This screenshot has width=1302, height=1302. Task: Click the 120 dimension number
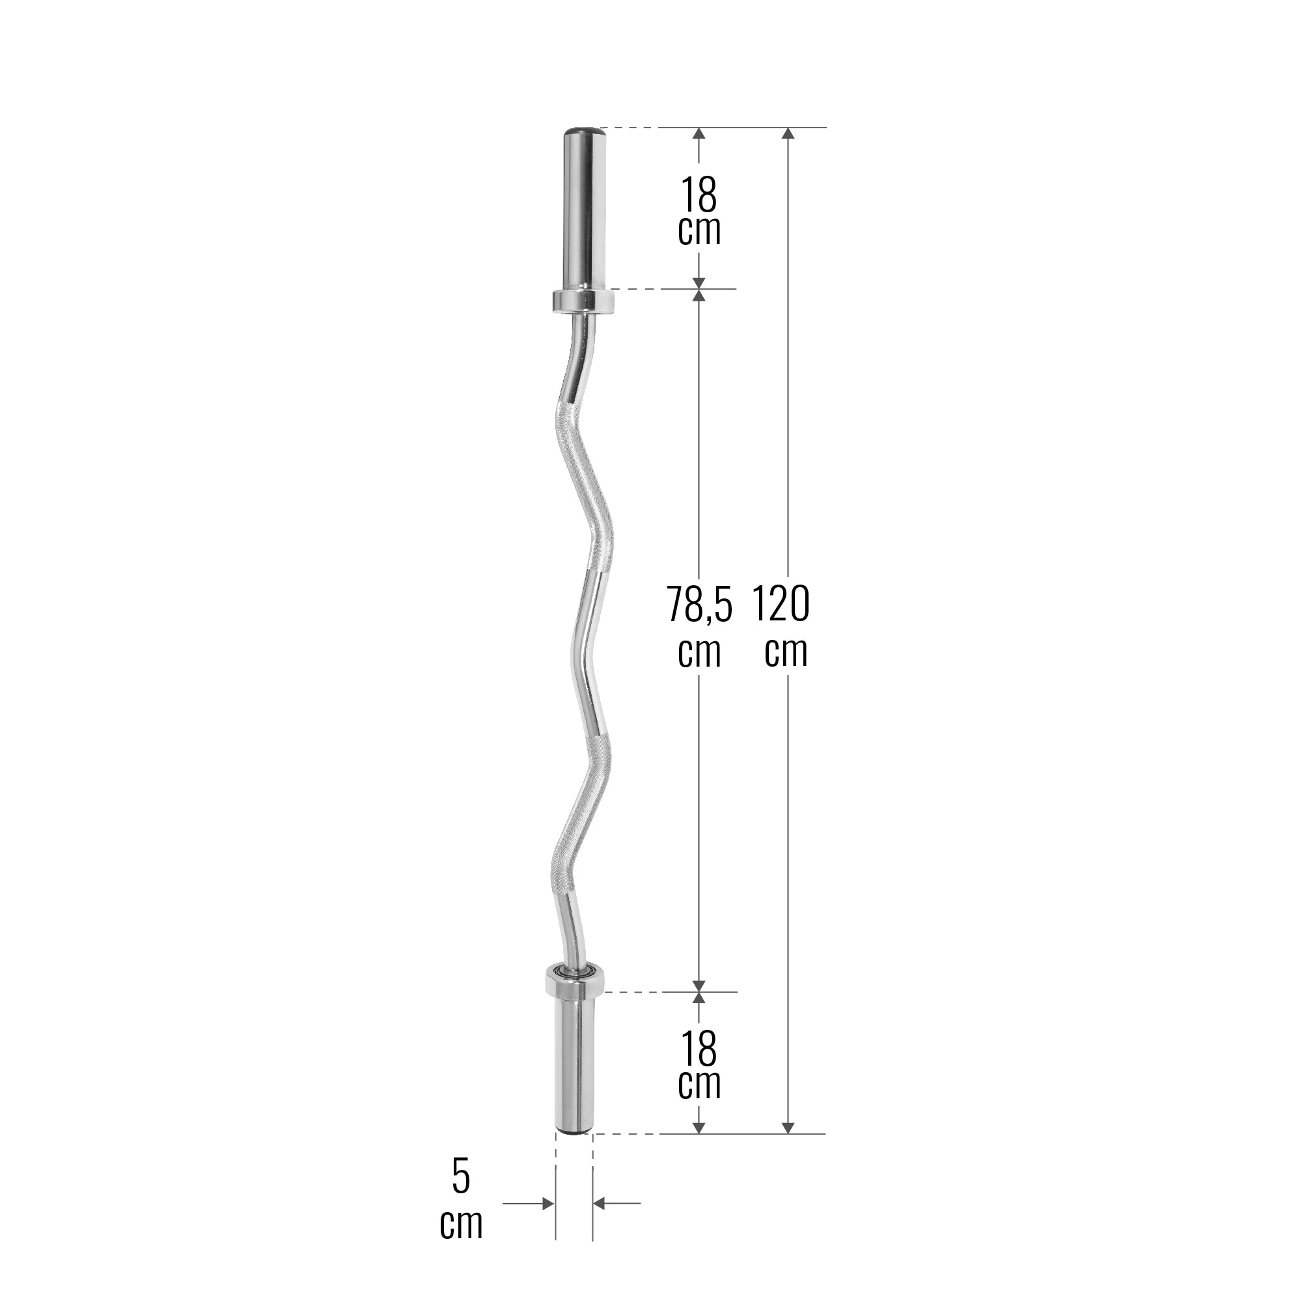click(x=781, y=604)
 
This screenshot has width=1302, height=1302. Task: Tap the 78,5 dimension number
click(x=699, y=604)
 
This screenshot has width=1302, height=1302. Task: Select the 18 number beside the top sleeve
click(x=699, y=195)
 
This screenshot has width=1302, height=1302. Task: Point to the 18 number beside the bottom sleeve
click(x=699, y=1049)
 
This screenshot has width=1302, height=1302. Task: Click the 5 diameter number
click(x=461, y=1176)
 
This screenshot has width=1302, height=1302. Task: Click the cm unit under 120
click(x=786, y=652)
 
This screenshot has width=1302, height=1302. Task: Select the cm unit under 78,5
click(x=699, y=652)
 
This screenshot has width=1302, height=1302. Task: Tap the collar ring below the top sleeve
click(x=583, y=301)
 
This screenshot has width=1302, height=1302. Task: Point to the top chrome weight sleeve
click(x=583, y=209)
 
